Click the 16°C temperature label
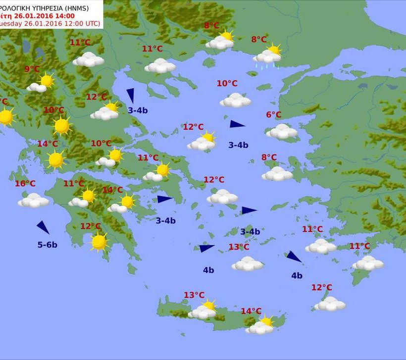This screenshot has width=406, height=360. coord(25,184)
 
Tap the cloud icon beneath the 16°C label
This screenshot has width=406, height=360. coord(34,201)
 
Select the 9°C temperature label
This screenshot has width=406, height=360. coord(32,69)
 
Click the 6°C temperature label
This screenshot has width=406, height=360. coord(274,115)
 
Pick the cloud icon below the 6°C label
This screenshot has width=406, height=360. coord(282,132)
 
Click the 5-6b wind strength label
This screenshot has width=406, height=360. coord(48,245)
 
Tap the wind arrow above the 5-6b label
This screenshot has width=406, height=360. coord(43,227)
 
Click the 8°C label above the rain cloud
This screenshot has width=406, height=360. coord(259,40)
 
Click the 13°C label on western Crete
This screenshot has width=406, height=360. coord(194,295)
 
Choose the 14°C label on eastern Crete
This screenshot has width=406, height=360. coord(251,311)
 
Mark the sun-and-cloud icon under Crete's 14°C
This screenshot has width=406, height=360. coord(261,326)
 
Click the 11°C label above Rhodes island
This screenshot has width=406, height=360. coord(360,246)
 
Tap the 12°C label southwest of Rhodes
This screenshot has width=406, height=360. coord(322,287)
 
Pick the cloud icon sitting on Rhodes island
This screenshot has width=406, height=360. coord(368,263)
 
